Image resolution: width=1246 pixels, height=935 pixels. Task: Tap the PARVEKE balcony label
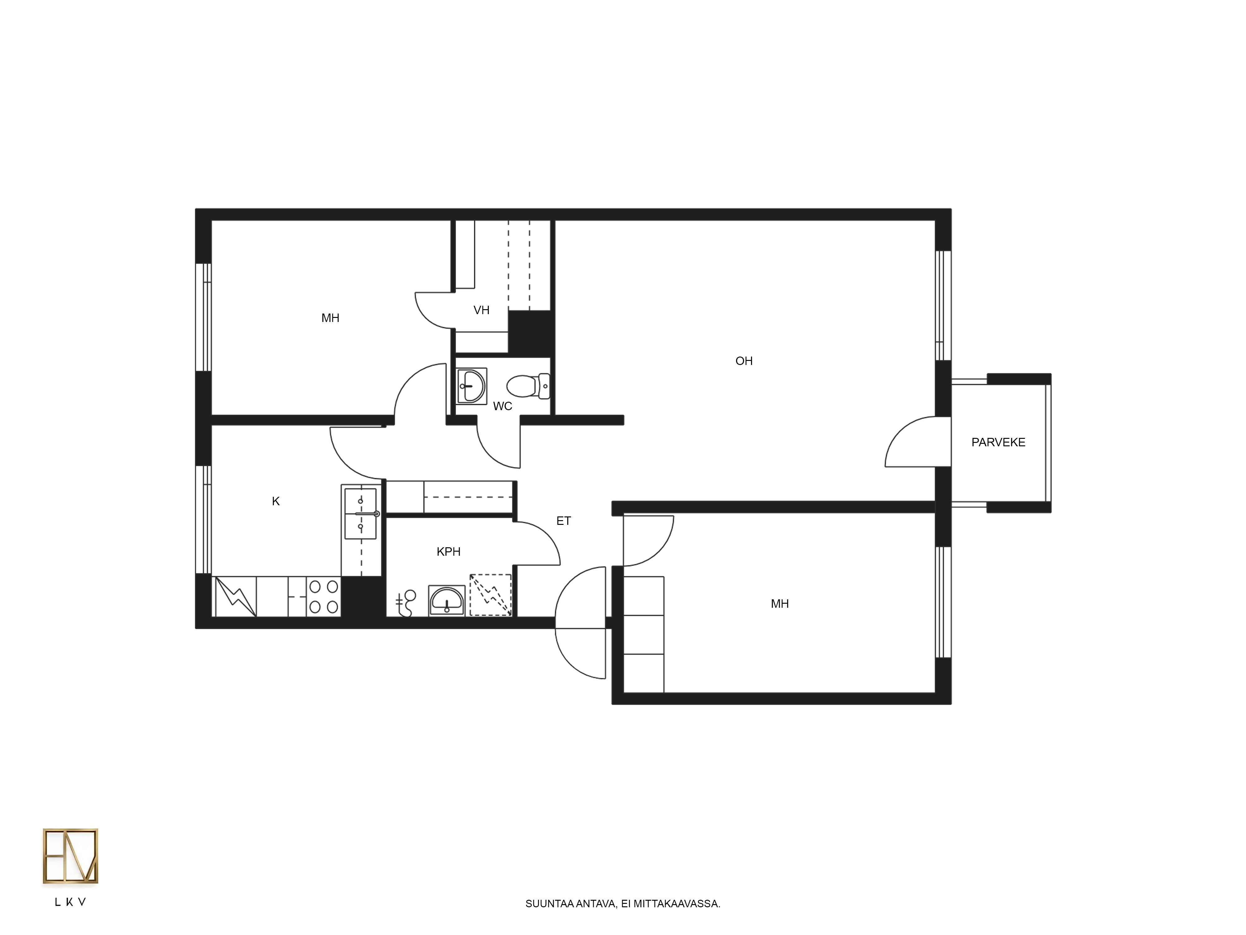(x=998, y=443)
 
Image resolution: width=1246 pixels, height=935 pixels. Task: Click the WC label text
(x=502, y=406)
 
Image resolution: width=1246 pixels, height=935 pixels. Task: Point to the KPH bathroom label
(x=448, y=552)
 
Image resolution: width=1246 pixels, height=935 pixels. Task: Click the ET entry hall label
(x=563, y=521)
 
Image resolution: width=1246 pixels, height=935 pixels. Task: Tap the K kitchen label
(x=275, y=501)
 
